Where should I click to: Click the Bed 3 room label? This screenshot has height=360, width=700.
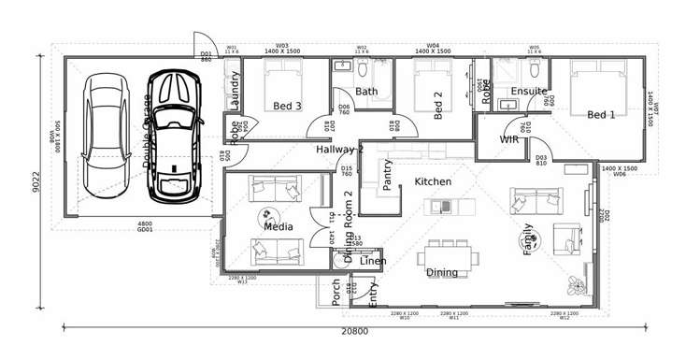tap(288, 106)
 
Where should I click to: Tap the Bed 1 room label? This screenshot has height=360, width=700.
tap(601, 115)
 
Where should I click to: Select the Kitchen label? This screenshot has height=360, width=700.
tap(433, 181)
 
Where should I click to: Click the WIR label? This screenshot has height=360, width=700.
tap(509, 139)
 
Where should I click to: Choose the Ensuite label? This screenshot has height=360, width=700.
tap(528, 91)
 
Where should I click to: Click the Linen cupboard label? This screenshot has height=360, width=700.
tap(373, 261)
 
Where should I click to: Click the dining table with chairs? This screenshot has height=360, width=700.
tap(450, 253)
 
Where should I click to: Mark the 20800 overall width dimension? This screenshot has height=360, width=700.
tap(354, 331)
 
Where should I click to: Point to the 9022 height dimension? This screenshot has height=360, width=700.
tap(36, 180)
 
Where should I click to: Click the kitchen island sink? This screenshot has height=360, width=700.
tap(446, 206)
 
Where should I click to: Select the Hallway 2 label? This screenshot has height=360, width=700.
tap(339, 149)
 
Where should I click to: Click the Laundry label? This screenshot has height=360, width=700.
tap(235, 91)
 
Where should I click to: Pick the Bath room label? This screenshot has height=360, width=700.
tap(366, 92)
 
